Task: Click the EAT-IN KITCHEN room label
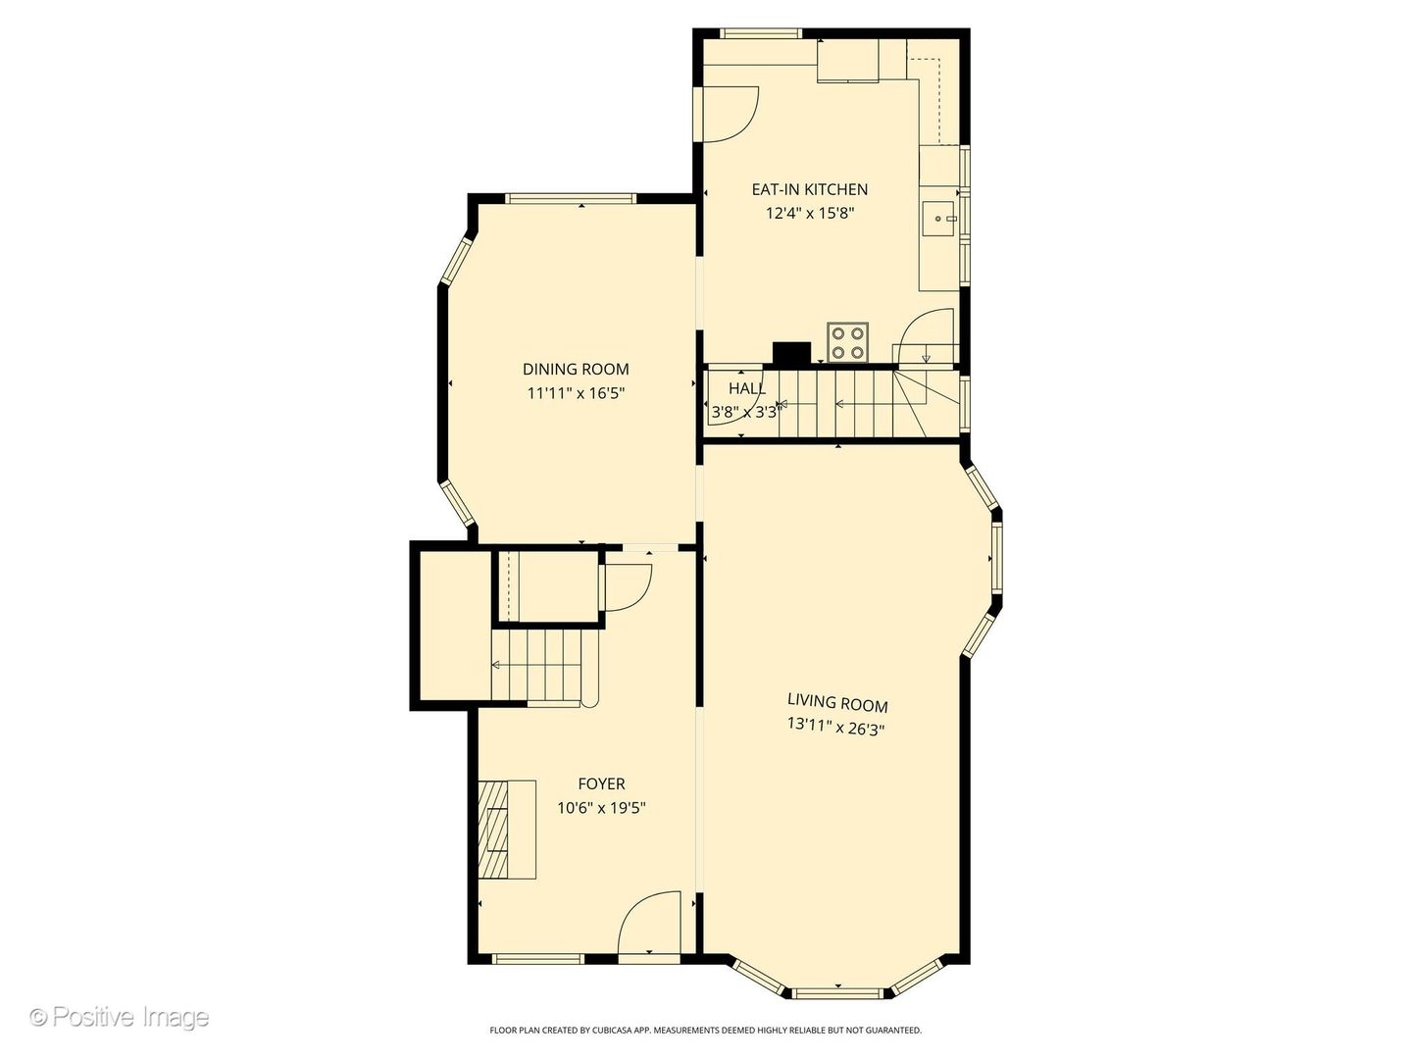809,189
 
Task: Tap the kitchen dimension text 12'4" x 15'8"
809,213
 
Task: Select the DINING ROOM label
576,370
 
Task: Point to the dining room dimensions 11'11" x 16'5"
576,393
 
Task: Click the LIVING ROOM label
837,702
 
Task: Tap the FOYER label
601,783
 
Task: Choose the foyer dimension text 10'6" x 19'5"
601,808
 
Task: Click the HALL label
747,389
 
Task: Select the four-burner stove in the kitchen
847,342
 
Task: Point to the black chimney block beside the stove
791,353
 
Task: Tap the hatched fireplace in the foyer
496,829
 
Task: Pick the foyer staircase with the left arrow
537,665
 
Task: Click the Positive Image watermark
120,1017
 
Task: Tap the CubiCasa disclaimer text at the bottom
705,1031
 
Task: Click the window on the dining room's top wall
570,199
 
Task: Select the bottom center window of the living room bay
837,993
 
